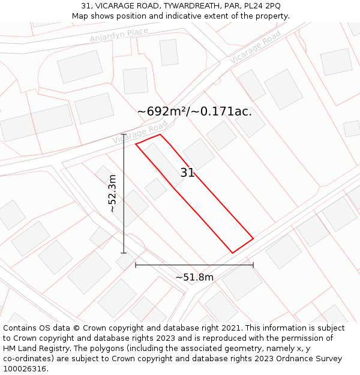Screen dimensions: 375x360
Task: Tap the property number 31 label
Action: (187, 173)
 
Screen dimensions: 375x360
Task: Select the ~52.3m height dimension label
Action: (112, 193)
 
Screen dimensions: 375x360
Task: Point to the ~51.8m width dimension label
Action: (194, 277)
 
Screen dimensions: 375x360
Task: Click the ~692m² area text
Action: (163, 112)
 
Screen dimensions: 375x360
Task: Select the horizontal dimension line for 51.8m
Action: (194, 265)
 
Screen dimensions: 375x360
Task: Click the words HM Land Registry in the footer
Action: (31, 349)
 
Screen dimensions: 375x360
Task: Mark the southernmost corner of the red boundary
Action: (233, 253)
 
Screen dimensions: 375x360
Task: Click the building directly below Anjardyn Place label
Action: (80, 66)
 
